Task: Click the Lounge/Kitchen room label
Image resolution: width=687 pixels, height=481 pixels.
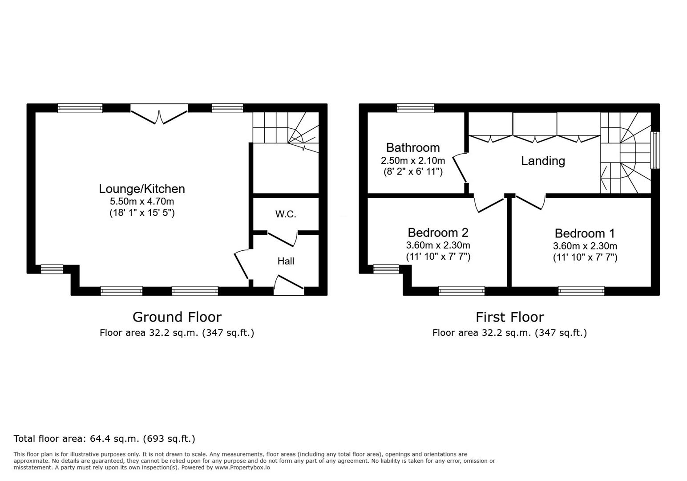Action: tap(141, 189)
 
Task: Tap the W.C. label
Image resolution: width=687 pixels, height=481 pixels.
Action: tap(286, 214)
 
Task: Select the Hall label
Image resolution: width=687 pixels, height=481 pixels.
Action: tap(286, 261)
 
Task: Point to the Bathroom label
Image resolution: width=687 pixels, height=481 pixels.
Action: tap(413, 148)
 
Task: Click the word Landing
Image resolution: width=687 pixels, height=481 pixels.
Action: tap(543, 161)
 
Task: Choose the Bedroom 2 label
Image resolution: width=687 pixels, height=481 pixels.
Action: tap(438, 232)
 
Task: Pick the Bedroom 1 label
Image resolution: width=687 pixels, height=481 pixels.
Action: tap(585, 233)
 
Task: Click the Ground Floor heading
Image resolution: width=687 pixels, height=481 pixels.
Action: tap(177, 317)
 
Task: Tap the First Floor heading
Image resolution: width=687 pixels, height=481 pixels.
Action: tap(510, 317)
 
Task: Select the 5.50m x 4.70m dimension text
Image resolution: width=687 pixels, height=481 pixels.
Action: tap(141, 201)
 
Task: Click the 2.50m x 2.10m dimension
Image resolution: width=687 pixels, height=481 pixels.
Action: tap(413, 160)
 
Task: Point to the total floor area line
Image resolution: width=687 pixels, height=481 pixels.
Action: tap(104, 439)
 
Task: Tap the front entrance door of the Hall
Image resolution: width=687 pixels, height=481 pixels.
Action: tap(289, 285)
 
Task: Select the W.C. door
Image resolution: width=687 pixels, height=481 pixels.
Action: tap(283, 239)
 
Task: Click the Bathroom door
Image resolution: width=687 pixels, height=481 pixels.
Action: tap(460, 168)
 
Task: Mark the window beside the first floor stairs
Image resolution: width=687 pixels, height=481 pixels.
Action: tap(655, 150)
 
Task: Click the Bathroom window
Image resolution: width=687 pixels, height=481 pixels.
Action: tap(416, 108)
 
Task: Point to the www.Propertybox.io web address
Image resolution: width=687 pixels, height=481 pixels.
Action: tap(242, 468)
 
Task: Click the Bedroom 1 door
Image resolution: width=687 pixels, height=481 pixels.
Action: tap(530, 202)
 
